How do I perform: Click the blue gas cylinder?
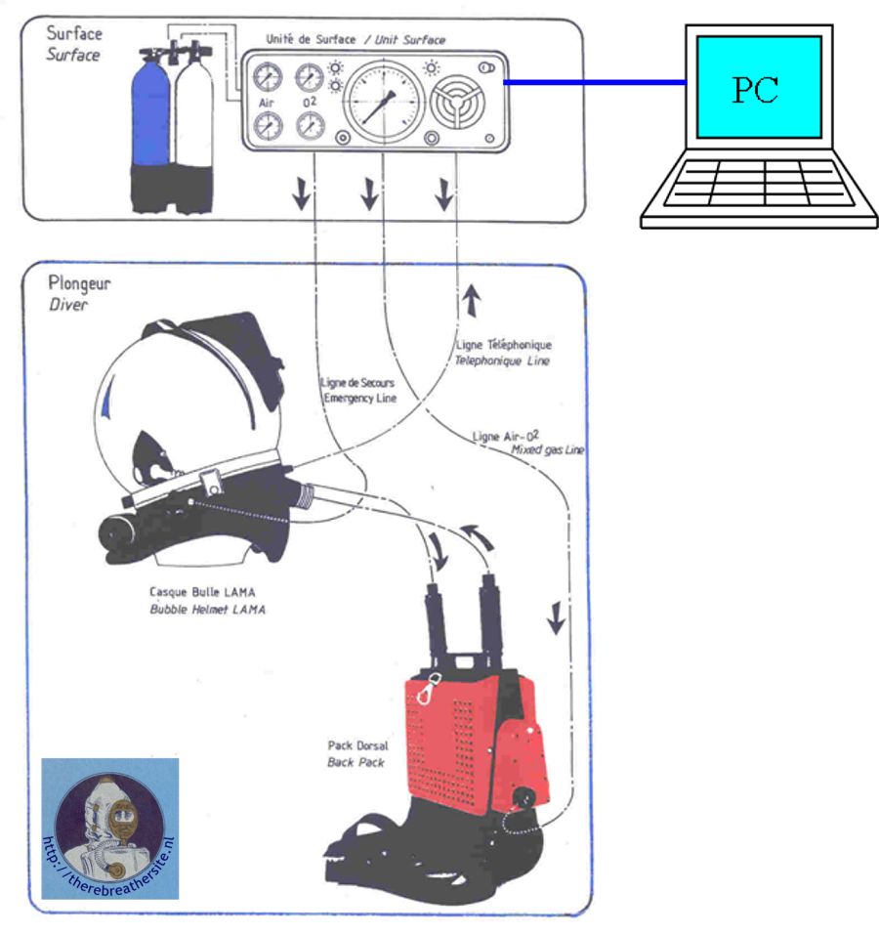[152, 117]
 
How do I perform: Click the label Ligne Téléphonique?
[503, 345]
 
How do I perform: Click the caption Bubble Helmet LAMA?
[207, 609]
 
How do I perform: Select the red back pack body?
[459, 743]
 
